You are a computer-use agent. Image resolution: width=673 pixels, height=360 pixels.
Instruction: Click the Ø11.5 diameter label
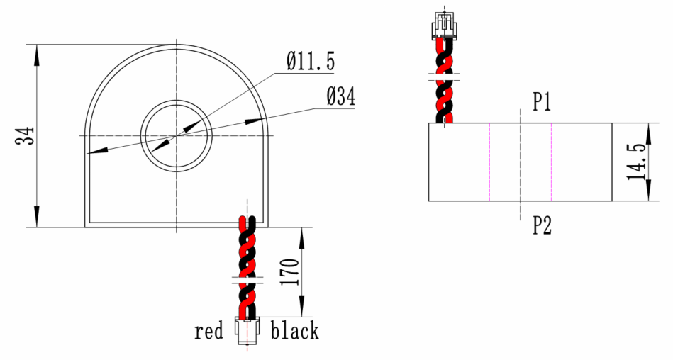(x=311, y=62)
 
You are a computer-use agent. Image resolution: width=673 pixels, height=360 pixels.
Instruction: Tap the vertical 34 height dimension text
(x=26, y=136)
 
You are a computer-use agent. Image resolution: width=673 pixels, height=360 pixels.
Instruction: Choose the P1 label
(x=543, y=103)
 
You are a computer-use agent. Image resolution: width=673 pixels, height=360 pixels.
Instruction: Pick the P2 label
(x=543, y=225)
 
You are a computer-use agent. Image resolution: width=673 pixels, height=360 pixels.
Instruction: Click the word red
(x=208, y=331)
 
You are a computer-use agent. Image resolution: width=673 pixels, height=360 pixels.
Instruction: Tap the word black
(x=295, y=331)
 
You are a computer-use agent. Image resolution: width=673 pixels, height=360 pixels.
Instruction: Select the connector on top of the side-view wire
(x=444, y=26)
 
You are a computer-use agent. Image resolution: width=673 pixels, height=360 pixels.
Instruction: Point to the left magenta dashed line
(x=489, y=162)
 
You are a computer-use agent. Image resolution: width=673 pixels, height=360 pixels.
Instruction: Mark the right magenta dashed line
(x=552, y=162)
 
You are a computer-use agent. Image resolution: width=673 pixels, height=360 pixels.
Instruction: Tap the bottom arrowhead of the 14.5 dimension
(x=650, y=193)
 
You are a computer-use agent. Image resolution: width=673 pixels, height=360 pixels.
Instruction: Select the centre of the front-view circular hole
(x=176, y=135)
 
